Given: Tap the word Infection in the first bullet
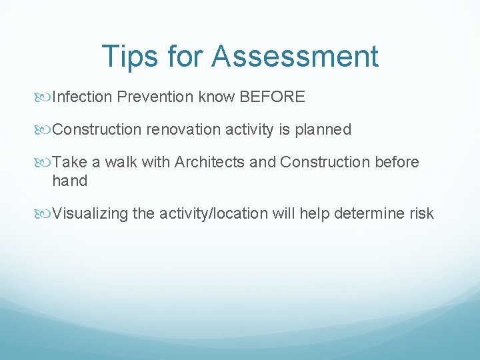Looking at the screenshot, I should pos(82,97).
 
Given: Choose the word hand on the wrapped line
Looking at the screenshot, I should pos(70,181).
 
